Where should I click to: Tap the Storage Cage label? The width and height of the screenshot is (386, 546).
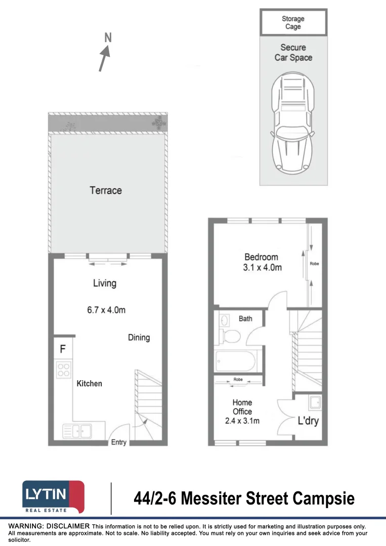click(x=293, y=23)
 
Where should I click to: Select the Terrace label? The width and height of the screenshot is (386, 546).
click(x=106, y=191)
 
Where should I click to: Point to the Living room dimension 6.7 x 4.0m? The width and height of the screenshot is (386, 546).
click(x=106, y=310)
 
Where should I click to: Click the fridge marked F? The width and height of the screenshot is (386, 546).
click(x=63, y=349)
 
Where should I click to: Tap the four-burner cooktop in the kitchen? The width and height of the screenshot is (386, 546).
click(x=63, y=370)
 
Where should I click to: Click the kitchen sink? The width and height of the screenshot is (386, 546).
click(x=77, y=431)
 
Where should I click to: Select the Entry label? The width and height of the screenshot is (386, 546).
click(x=119, y=442)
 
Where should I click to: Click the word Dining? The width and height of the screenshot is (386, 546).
click(x=139, y=337)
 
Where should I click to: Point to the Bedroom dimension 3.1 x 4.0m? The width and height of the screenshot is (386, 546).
click(x=262, y=267)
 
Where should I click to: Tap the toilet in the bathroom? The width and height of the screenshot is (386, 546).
click(x=232, y=336)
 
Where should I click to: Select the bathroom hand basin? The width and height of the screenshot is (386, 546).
click(x=224, y=320)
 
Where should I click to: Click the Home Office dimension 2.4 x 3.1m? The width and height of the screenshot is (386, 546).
click(x=242, y=421)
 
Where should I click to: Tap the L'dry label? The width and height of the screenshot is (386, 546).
click(x=308, y=421)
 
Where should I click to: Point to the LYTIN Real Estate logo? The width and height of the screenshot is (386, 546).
click(x=53, y=497)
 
